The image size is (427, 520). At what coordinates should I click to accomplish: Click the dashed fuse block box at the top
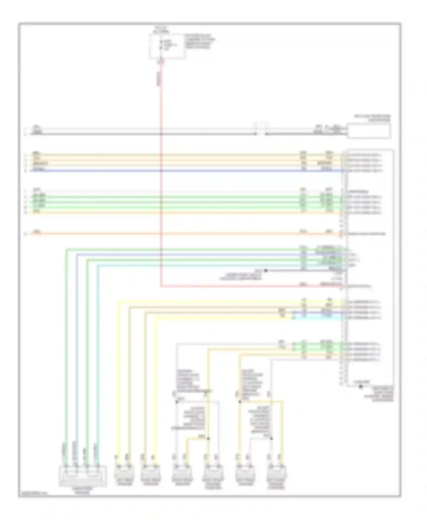click(x=167, y=46)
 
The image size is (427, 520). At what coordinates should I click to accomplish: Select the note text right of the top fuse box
click(x=200, y=42)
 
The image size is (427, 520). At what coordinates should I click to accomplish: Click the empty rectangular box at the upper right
click(x=368, y=131)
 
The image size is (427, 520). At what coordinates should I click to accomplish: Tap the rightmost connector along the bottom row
click(x=277, y=472)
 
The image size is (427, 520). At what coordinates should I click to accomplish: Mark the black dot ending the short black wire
click(x=266, y=271)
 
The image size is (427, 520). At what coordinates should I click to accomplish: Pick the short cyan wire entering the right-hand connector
click(x=316, y=317)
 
